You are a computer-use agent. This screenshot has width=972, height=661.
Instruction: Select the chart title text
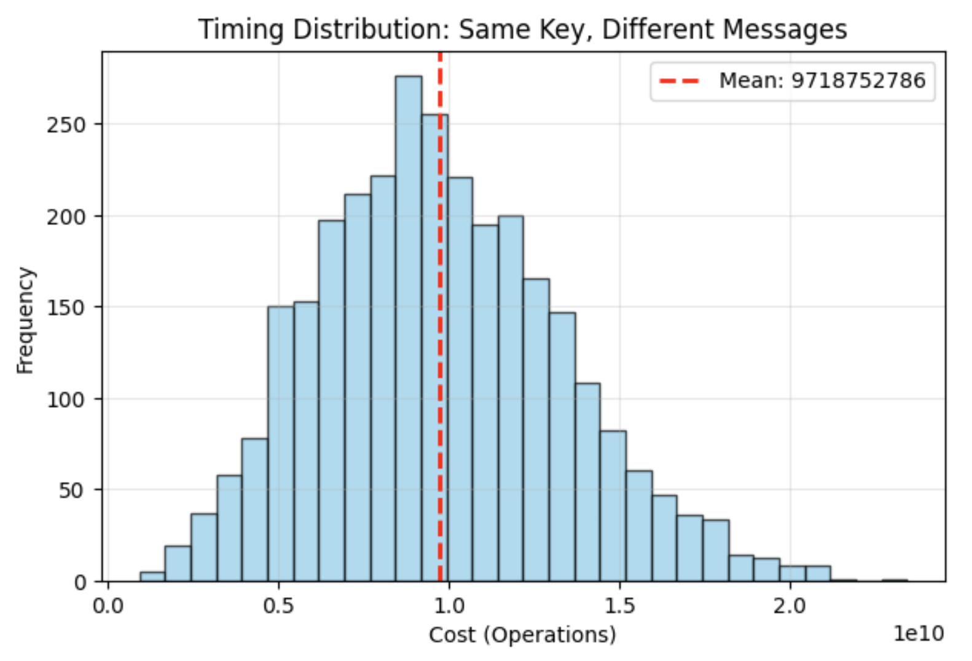(522, 29)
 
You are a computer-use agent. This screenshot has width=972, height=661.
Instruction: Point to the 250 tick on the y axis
(66, 125)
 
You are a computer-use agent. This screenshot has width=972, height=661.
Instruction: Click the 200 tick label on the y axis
(66, 217)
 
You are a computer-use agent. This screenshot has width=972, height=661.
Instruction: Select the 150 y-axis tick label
(66, 308)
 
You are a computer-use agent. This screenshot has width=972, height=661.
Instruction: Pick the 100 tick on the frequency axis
(66, 399)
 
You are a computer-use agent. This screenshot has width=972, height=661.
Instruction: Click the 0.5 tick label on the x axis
(278, 606)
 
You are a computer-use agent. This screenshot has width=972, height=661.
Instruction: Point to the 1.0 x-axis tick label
(449, 606)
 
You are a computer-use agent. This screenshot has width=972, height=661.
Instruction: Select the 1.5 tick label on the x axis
(619, 606)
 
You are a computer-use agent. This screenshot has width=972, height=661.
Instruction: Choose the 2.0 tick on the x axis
(790, 606)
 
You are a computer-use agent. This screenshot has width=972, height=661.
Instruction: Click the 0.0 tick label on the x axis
(108, 606)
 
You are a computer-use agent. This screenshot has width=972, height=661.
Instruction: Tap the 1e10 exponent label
(919, 633)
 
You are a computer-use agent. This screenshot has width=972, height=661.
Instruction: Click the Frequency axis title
(25, 320)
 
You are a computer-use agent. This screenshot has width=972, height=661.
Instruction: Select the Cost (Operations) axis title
(522, 635)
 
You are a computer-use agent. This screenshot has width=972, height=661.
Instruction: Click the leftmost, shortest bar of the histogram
(152, 576)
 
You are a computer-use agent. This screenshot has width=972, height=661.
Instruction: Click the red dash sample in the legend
(679, 80)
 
